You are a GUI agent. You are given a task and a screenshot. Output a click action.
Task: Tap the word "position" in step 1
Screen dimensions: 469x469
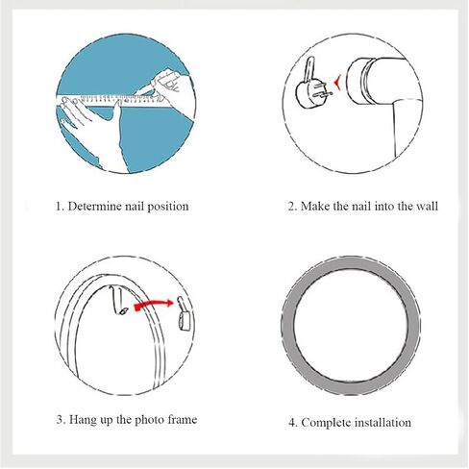coord(167,207)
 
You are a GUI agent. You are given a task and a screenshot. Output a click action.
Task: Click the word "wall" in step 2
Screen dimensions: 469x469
coord(427,206)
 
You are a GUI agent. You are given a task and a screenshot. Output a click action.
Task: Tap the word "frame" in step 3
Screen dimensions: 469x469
coord(183,420)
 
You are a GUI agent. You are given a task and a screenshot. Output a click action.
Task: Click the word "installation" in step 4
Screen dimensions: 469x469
coord(383,423)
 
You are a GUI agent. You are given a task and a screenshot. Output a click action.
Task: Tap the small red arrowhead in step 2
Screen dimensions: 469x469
coord(336,83)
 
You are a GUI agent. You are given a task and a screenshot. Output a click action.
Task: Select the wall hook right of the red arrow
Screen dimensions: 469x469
coord(184,314)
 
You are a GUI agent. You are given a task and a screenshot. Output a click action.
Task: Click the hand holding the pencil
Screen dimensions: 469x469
coord(170,89)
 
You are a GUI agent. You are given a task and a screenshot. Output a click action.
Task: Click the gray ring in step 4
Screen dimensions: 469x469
coord(352,262)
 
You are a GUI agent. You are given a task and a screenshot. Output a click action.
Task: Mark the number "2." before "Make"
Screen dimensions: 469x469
coord(293,207)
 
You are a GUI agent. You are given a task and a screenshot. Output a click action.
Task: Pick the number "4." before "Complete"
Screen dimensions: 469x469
coord(293,423)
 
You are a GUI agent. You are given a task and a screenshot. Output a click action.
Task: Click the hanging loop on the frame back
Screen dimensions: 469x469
coord(118,301)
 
